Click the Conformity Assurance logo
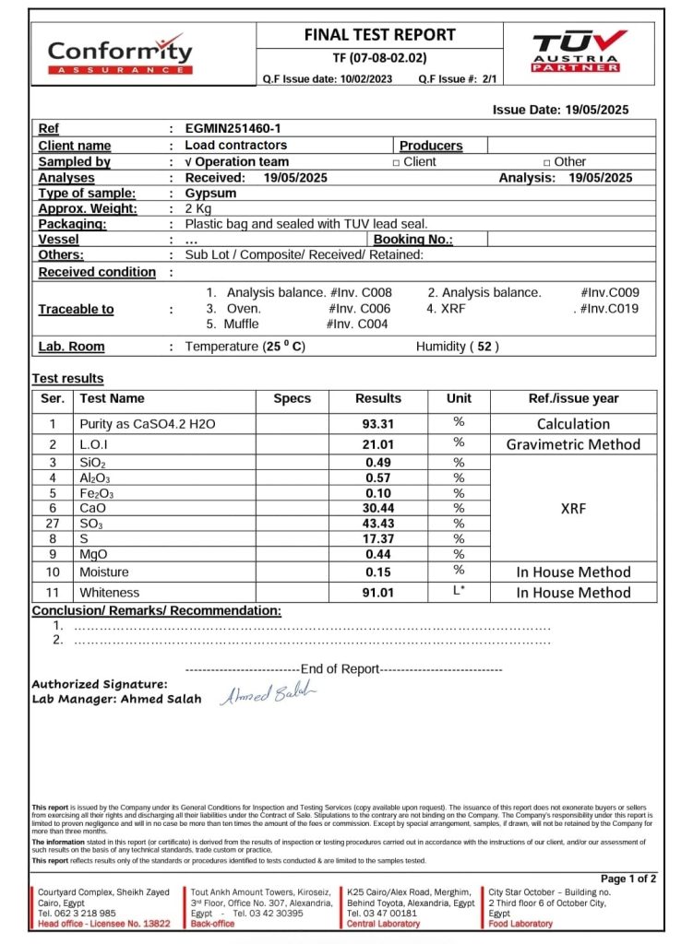(120, 54)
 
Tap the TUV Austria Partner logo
(578, 51)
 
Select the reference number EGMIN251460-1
(234, 129)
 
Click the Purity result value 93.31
(378, 424)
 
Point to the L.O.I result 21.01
(378, 443)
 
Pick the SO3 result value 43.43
(378, 523)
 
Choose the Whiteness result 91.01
(378, 593)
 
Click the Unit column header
(459, 399)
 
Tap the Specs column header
(293, 399)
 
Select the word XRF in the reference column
(573, 507)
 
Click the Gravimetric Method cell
(573, 444)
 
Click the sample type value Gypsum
(210, 194)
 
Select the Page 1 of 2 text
(628, 879)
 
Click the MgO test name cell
(94, 554)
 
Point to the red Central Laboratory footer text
(383, 924)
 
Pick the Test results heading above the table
(68, 379)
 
